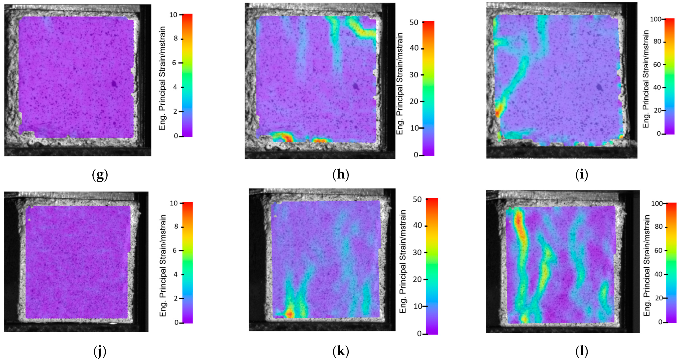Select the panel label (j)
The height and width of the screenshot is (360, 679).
(x=100, y=351)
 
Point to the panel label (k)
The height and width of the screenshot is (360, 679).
(x=341, y=351)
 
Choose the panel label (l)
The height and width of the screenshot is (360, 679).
(x=582, y=351)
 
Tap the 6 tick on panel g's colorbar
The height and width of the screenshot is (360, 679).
(x=175, y=63)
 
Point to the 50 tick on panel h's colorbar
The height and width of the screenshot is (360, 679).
(x=414, y=22)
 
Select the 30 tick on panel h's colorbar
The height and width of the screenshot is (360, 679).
(x=414, y=75)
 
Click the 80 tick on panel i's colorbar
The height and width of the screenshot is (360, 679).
(x=658, y=42)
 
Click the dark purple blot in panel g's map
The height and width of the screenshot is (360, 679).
(x=114, y=84)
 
